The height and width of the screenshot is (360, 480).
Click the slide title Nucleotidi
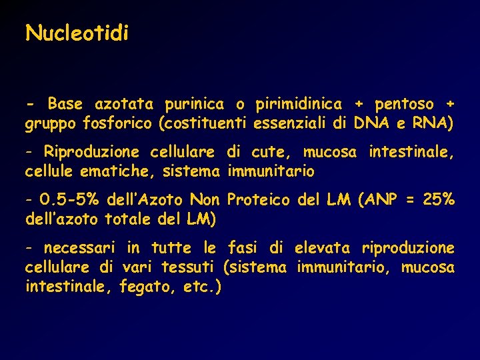click(x=77, y=33)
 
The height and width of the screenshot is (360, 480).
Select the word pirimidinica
click(x=298, y=104)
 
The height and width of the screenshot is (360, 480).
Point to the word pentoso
click(x=404, y=105)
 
